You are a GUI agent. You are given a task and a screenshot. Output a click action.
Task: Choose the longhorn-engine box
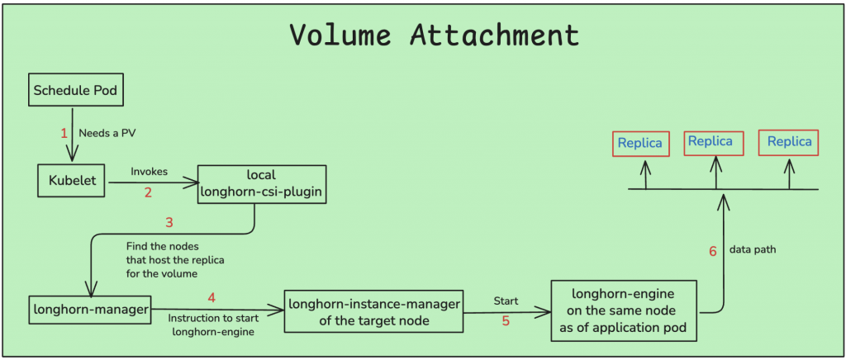624,310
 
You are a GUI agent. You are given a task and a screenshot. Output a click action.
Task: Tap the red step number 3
169,221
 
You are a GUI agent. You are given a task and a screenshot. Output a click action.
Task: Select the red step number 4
211,297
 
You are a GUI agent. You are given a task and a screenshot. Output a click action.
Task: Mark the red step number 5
506,321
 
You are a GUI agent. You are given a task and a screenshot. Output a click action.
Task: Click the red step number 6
713,251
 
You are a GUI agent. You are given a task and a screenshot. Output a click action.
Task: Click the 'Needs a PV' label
107,133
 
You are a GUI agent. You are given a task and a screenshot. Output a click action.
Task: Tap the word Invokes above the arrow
149,172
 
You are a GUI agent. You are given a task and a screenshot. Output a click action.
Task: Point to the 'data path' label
753,249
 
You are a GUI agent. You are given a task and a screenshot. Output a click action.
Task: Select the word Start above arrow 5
506,301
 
